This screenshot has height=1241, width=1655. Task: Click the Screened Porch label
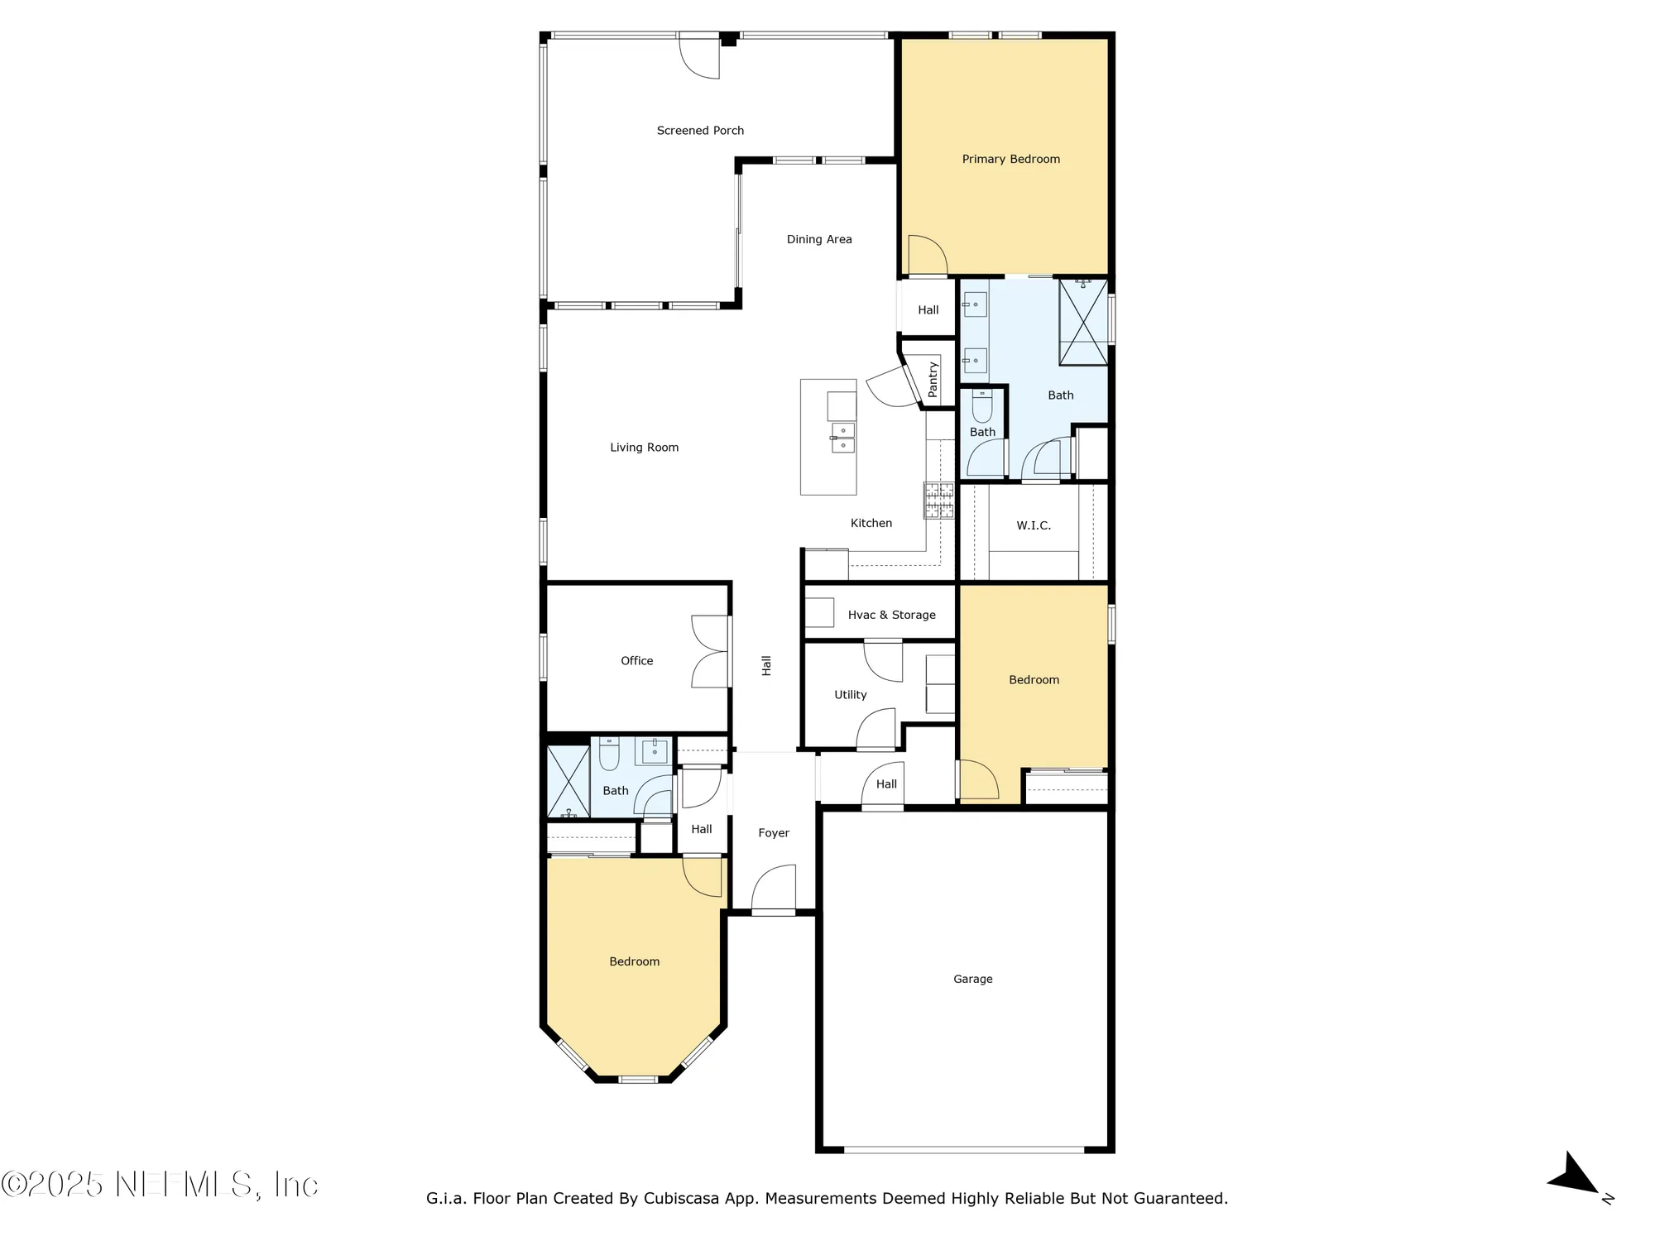pos(700,131)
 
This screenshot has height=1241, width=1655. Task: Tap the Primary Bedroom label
pos(1010,159)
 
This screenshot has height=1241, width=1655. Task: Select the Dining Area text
pos(818,239)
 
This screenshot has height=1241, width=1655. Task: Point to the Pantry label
pos(933,379)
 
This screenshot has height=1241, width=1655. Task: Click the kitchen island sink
pos(842,438)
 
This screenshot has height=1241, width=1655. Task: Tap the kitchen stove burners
pos(938,501)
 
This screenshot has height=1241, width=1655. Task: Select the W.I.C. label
pos(1034,525)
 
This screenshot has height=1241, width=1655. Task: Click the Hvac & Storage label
pos(891,615)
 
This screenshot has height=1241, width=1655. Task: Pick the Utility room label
pos(850,695)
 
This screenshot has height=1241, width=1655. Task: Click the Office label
pos(636,661)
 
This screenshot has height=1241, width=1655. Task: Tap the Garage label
pos(972,979)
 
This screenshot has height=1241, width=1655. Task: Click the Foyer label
pos(774,833)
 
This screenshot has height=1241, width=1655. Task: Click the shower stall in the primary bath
pos(1083,323)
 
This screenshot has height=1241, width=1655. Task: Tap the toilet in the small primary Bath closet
pos(982,406)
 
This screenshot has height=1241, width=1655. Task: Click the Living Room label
pos(644,448)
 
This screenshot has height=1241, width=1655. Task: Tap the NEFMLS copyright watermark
pos(160,1184)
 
